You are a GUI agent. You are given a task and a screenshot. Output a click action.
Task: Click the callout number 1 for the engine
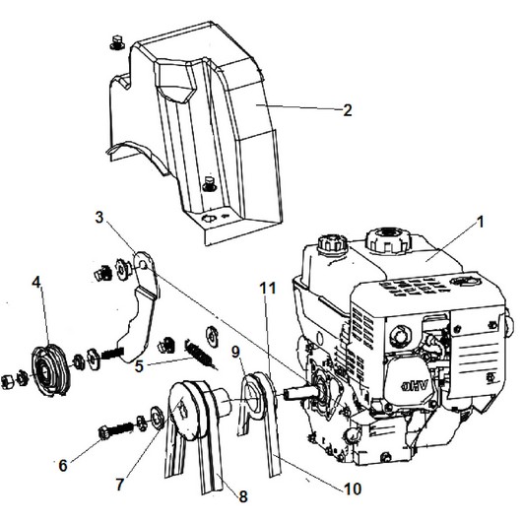480,223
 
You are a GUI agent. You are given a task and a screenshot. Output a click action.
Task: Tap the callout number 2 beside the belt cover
348,110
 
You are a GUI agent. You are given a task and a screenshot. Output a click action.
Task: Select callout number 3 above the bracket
99,218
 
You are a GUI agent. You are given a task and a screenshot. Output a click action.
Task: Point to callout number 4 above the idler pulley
36,283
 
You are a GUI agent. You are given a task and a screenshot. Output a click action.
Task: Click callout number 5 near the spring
139,366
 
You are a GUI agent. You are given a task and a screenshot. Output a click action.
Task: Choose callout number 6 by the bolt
63,465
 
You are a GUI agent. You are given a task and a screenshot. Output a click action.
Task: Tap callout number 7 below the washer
120,485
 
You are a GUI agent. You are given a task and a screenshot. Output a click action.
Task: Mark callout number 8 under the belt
243,496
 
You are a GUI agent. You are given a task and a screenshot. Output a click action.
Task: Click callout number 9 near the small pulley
235,352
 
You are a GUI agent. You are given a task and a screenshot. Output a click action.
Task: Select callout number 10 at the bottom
353,489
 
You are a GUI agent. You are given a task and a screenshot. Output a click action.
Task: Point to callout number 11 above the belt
268,289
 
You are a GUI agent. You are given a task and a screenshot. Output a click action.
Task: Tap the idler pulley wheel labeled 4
50,371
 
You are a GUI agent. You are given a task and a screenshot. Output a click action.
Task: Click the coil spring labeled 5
198,353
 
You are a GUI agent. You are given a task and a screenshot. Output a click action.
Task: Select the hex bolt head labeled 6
103,433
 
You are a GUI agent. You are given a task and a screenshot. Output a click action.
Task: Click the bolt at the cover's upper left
116,42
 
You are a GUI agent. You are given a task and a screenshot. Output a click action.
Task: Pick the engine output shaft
298,391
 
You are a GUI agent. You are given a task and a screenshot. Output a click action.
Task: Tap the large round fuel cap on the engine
388,239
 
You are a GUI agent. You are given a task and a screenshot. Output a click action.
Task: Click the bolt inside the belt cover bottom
210,184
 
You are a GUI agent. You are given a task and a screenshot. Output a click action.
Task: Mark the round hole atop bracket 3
143,265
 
